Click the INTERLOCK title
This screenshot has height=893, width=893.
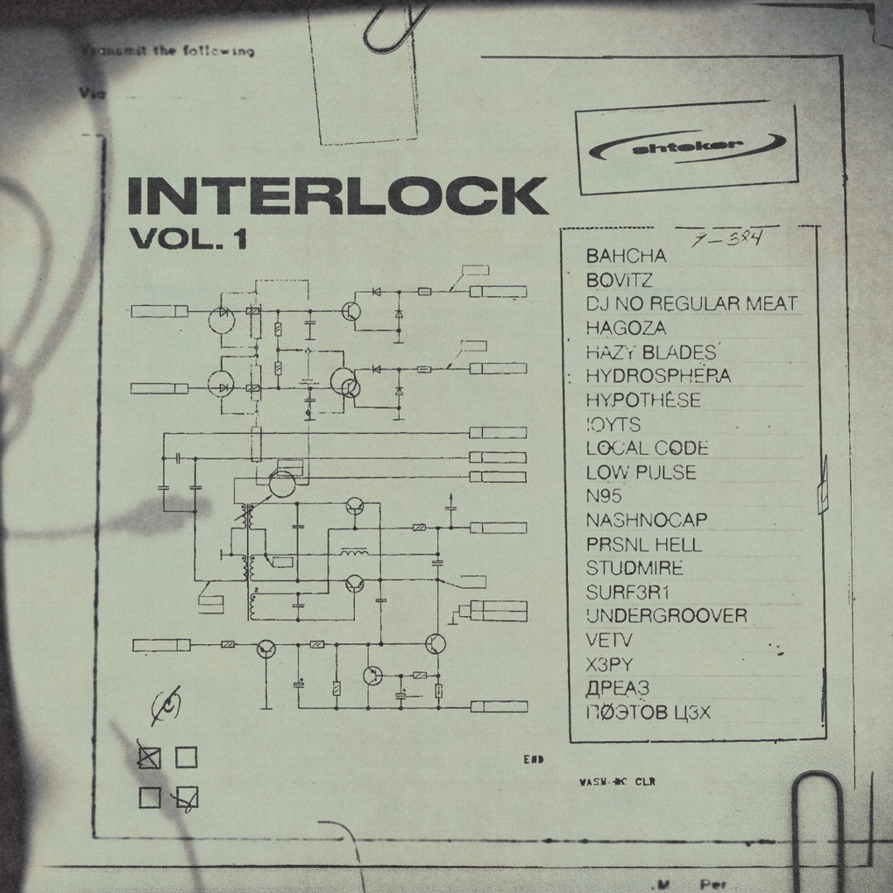tap(337, 196)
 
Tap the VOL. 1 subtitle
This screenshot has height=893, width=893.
tap(189, 239)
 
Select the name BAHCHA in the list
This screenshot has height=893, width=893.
tap(626, 256)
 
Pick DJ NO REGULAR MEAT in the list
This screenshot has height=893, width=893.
tap(691, 303)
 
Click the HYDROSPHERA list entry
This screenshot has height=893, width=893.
tap(658, 376)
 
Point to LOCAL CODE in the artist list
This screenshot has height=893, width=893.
tap(647, 448)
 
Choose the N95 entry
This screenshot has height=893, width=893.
tap(604, 496)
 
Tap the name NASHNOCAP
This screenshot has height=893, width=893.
tap(647, 520)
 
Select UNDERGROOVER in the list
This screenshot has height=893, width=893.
tap(666, 616)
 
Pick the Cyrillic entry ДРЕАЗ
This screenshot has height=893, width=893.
tap(618, 688)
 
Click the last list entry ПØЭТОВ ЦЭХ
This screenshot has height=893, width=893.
tap(648, 712)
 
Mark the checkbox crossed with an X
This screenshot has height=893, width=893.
tap(150, 757)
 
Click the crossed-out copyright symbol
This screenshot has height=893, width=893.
tap(166, 704)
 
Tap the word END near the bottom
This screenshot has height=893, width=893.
tap(533, 759)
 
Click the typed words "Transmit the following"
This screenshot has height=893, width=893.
tap(170, 51)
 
